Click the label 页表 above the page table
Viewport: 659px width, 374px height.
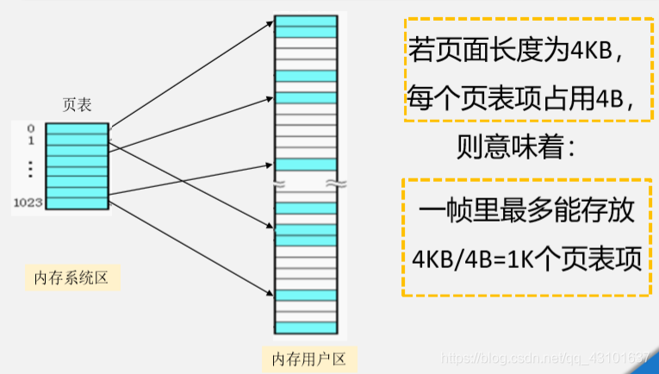[77, 105]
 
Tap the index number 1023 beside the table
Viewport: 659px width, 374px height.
[28, 203]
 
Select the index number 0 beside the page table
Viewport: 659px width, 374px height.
[31, 128]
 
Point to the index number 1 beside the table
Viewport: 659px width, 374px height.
[31, 140]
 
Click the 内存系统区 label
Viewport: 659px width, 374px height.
[70, 277]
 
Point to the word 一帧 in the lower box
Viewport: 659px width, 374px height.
[444, 210]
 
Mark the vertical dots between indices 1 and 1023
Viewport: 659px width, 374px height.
[29, 169]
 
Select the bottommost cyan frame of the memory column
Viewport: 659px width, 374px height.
[305, 296]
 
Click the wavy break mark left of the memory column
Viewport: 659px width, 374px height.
[278, 184]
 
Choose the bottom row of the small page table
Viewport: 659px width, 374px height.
[77, 203]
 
